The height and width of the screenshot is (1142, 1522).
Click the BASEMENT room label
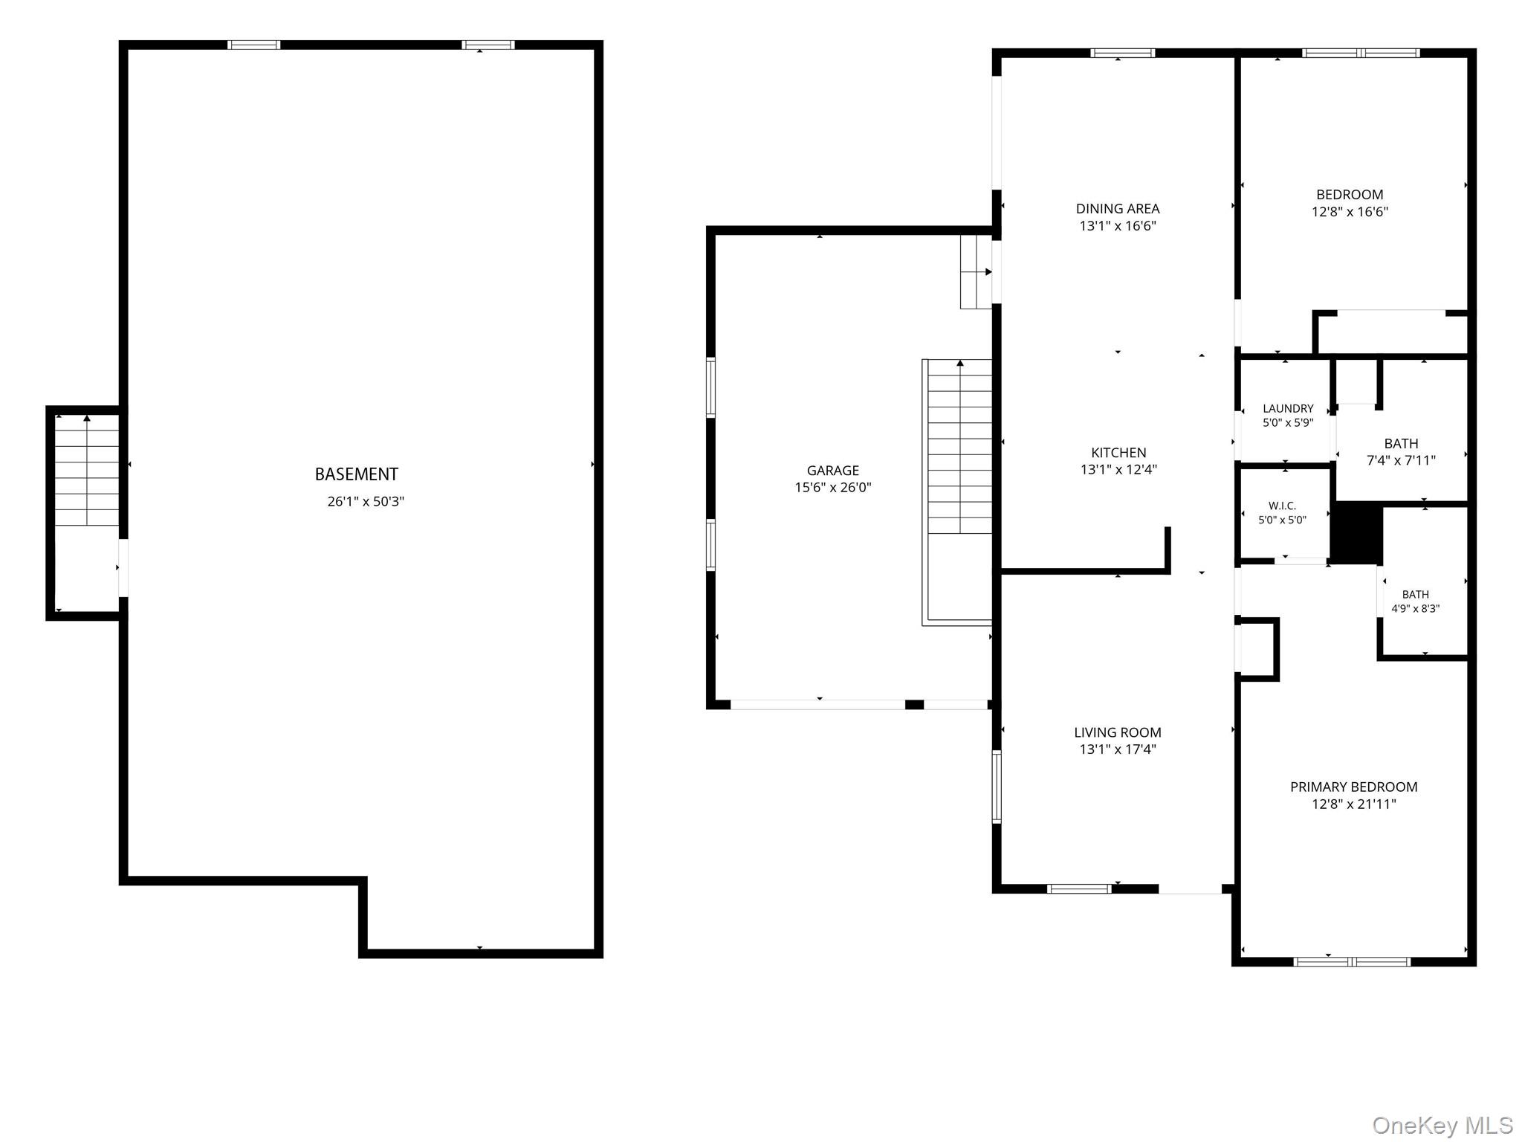(x=357, y=474)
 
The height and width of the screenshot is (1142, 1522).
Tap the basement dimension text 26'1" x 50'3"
(x=366, y=501)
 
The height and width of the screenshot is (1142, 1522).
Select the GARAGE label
(x=833, y=471)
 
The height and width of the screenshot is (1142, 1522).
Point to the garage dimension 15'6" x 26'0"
(x=833, y=488)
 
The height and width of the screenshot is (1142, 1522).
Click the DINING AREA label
(x=1118, y=209)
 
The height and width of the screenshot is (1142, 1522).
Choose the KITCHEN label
(x=1118, y=453)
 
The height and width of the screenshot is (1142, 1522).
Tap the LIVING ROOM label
(x=1118, y=732)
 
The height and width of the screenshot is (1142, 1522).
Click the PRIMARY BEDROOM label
(x=1354, y=787)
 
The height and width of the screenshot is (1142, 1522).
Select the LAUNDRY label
(x=1288, y=408)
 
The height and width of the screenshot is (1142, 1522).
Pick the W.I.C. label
(x=1283, y=506)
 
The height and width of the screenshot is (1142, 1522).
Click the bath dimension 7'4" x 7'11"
(x=1402, y=460)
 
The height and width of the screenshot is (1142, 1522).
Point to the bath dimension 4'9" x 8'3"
(x=1416, y=608)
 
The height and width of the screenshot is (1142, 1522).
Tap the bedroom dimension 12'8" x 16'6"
(x=1350, y=211)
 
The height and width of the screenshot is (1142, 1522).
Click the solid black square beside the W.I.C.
(x=1356, y=532)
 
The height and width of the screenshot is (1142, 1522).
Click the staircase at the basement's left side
(x=87, y=471)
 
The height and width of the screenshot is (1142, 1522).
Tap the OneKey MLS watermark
(x=1442, y=1125)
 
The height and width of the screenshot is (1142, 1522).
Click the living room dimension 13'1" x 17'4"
(x=1118, y=749)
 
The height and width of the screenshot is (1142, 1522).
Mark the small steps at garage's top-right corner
(x=977, y=271)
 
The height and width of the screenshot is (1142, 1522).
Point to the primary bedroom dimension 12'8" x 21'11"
(x=1354, y=804)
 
